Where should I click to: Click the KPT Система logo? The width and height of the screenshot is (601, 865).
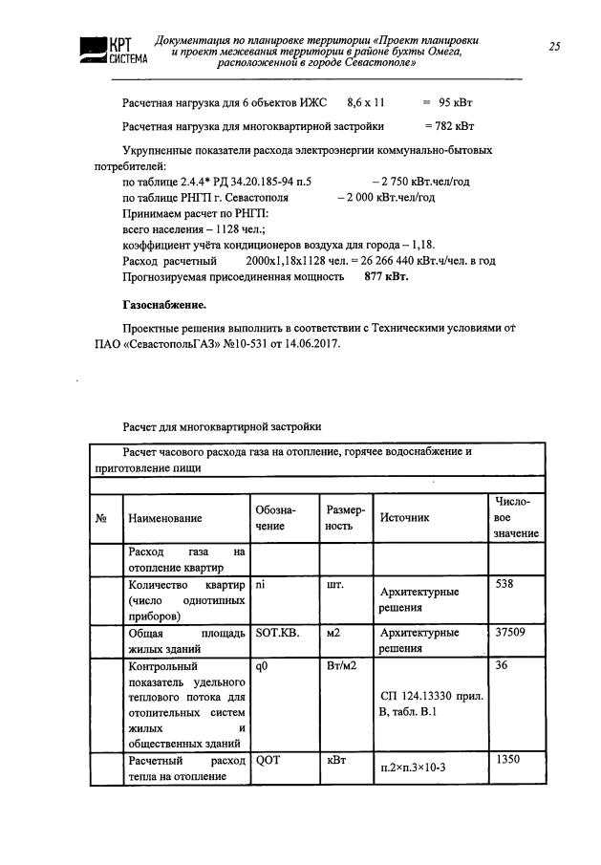pyautogui.click(x=106, y=50)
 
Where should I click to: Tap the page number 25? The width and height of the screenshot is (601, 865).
pyautogui.click(x=555, y=46)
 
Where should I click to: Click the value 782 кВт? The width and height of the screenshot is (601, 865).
pyautogui.click(x=449, y=126)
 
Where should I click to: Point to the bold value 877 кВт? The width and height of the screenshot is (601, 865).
pyautogui.click(x=386, y=276)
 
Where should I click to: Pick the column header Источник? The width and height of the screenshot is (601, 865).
pyautogui.click(x=405, y=518)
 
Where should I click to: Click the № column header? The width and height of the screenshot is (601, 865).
pyautogui.click(x=101, y=518)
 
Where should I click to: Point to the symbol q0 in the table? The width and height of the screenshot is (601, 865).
pyautogui.click(x=263, y=666)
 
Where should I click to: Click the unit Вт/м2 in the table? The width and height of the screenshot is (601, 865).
pyautogui.click(x=341, y=666)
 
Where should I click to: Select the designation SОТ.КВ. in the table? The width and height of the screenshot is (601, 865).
pyautogui.click(x=278, y=633)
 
